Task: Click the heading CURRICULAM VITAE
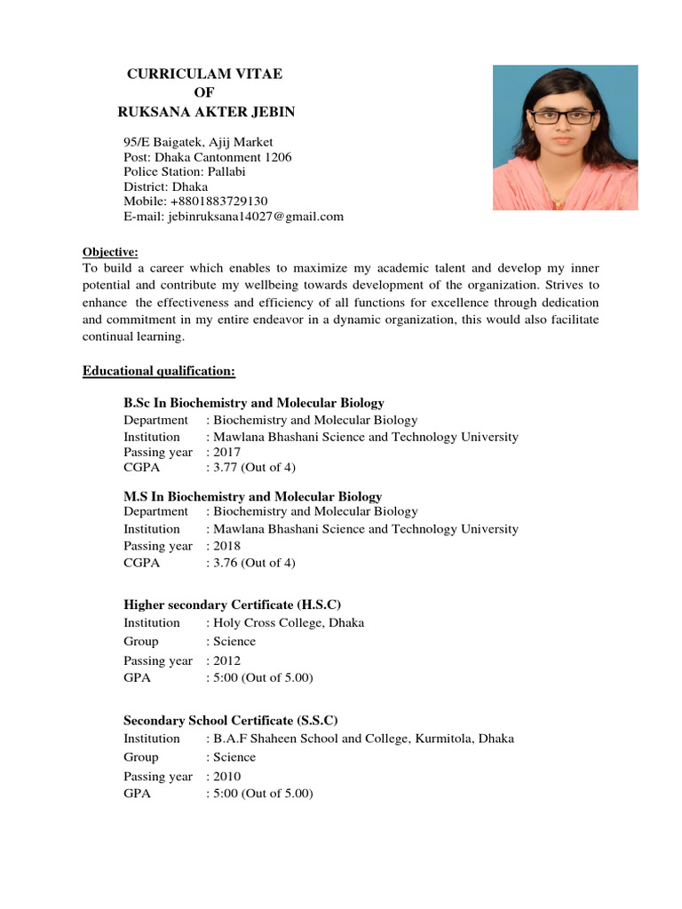click(204, 74)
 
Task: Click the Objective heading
click(110, 251)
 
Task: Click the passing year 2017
click(226, 453)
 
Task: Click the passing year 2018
click(226, 546)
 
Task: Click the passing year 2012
click(226, 660)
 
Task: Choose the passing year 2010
click(226, 777)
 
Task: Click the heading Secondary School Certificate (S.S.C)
click(230, 720)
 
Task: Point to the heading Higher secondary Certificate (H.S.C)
click(232, 604)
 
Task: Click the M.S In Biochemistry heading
click(252, 496)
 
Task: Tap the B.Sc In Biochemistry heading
click(254, 403)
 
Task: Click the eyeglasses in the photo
click(565, 116)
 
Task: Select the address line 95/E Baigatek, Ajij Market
click(198, 142)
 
